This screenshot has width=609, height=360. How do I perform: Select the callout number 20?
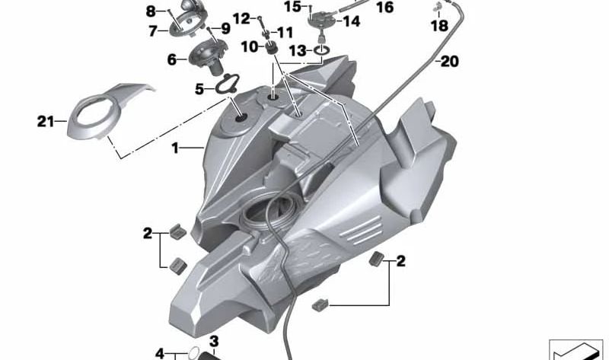449,62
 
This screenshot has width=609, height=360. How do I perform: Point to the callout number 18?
439,26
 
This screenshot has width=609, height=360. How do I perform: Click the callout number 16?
385,8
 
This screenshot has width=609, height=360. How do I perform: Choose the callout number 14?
351,21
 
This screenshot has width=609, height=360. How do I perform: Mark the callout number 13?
297,50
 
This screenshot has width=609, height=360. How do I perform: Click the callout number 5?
199,89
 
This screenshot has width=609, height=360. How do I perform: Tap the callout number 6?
171,59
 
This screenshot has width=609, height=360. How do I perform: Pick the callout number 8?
150,11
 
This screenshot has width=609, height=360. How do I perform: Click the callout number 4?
160,353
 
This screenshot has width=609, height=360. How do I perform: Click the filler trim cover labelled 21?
99,114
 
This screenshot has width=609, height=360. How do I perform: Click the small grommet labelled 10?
269,49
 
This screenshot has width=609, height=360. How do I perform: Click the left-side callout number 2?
148,234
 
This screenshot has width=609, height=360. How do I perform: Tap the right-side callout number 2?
400,262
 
